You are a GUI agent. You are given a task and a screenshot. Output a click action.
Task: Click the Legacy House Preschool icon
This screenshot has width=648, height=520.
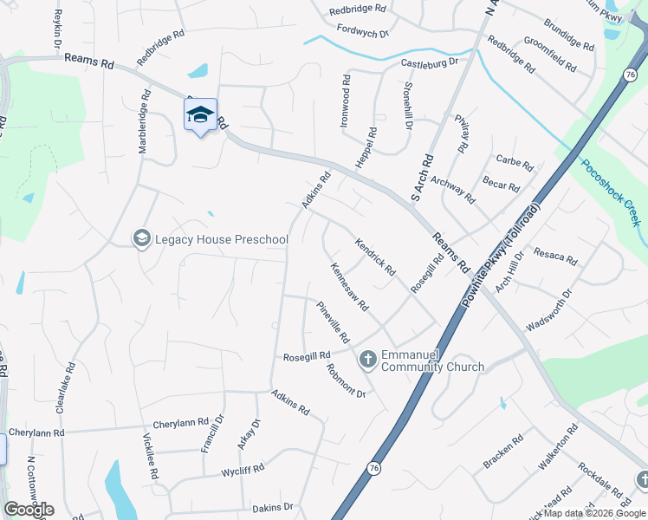141,238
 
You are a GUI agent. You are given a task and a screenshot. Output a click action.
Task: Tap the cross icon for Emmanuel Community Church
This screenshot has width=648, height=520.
367,359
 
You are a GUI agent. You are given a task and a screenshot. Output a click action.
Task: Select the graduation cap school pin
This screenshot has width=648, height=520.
200,115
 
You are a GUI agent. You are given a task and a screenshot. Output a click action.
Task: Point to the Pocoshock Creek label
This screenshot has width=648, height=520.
610,192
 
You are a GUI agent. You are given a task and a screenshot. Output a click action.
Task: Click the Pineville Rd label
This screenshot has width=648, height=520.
333,321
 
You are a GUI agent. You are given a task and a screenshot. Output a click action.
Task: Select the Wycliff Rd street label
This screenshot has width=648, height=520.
242,471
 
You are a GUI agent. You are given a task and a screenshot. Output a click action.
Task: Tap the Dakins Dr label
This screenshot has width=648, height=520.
273,507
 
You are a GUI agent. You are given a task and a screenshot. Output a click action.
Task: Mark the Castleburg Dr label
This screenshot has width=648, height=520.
429,63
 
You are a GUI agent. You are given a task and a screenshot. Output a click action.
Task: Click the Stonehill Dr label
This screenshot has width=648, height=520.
408,105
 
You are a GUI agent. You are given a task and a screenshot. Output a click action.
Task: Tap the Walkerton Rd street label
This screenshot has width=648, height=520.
557,447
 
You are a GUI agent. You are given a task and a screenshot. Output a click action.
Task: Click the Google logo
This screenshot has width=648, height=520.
29,510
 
